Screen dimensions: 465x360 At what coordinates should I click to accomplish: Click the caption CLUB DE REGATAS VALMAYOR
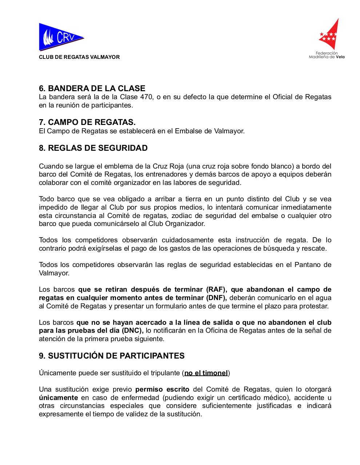click(x=79, y=57)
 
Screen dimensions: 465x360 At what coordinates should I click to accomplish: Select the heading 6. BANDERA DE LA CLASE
click(x=92, y=88)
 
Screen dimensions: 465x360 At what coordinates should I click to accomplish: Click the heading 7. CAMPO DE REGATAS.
click(x=87, y=122)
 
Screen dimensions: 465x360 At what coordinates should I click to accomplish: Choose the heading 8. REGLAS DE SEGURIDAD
click(x=93, y=148)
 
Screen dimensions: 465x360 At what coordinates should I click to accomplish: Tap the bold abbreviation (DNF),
click(x=213, y=298)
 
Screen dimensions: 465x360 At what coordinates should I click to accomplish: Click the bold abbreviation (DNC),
click(x=132, y=331)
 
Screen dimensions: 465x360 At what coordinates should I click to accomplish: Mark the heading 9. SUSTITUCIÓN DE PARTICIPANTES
click(x=112, y=356)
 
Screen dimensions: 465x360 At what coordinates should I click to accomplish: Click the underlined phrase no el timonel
click(x=206, y=373)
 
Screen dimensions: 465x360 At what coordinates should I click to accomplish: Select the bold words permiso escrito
click(x=162, y=389)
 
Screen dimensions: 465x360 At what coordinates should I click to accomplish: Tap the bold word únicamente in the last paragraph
click(x=58, y=397)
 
